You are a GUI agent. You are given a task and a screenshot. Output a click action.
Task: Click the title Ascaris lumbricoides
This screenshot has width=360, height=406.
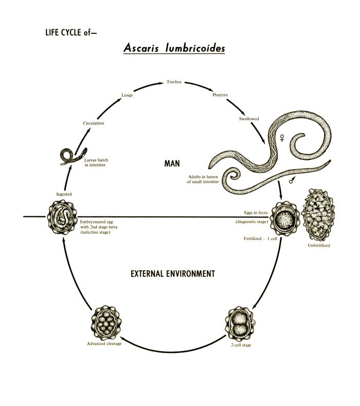pos(174,48)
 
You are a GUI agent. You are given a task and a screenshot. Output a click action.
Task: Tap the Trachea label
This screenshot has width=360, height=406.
pos(174,82)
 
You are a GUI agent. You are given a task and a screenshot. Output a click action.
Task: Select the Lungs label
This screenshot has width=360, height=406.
pos(127,95)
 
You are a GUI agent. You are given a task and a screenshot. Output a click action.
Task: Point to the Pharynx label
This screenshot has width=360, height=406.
pos(220,95)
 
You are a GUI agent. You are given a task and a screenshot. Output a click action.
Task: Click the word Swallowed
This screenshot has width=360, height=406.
pos(249,119)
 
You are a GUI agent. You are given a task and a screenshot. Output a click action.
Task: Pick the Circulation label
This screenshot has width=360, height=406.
pos(94,123)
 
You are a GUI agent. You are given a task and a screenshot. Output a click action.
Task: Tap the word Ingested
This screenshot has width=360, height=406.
pos(64,194)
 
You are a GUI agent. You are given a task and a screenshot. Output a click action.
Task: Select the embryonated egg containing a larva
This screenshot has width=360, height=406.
pos(62,217)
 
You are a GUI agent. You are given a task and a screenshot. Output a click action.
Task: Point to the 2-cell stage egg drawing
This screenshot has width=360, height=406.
pos(240,324)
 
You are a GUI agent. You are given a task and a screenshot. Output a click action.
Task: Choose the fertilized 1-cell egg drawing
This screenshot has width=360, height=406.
pos(285,218)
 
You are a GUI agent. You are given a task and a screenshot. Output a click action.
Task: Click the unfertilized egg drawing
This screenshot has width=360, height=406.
pos(318,215)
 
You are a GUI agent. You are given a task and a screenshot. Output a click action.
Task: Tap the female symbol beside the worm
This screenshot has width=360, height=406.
pos(282,138)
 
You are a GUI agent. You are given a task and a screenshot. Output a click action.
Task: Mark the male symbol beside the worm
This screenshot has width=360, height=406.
pos(292,180)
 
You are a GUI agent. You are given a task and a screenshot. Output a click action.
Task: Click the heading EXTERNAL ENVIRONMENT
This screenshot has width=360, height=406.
pos(173,274)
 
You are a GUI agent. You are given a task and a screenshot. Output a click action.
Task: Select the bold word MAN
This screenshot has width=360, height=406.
pos(172,163)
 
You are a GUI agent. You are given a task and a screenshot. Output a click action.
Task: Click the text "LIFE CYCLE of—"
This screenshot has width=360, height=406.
pos(71,32)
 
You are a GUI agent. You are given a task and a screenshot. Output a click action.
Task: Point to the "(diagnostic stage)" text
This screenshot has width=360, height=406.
pos(251,222)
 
